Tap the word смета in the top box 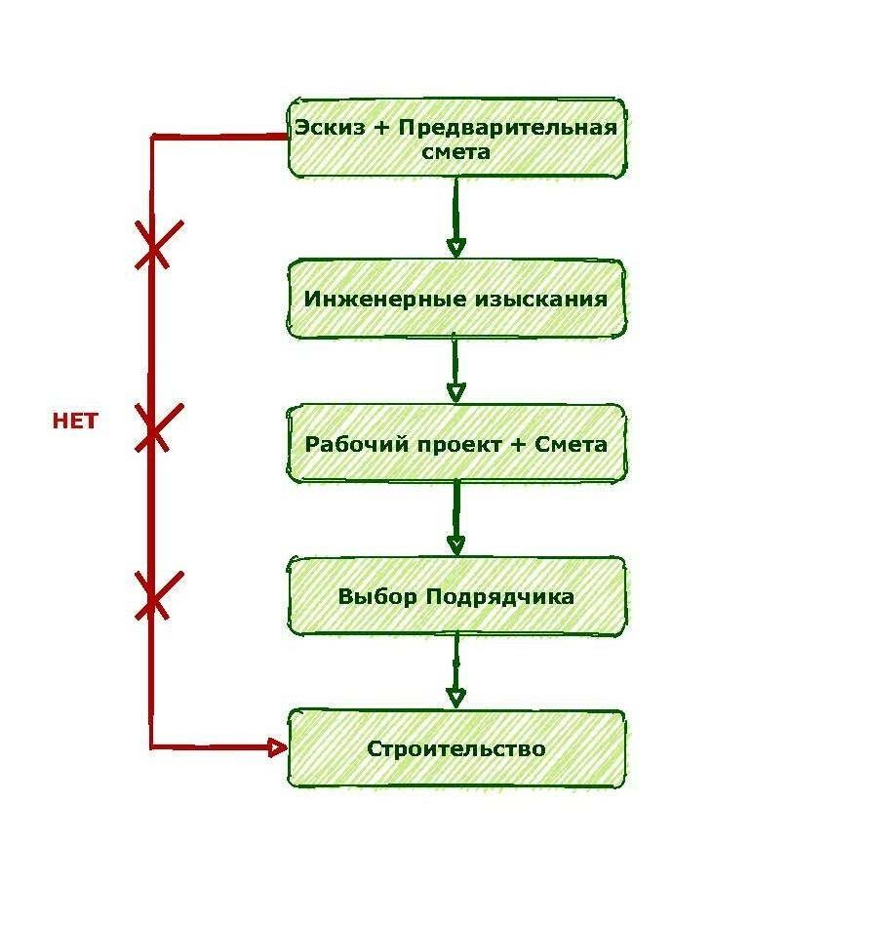click(456, 152)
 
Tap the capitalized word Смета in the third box click(570, 445)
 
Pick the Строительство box click(456, 749)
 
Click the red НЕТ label click(75, 422)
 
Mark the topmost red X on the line click(155, 244)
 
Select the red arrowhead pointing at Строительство click(278, 747)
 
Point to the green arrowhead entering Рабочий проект click(455, 392)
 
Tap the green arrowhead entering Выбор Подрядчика click(455, 544)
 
